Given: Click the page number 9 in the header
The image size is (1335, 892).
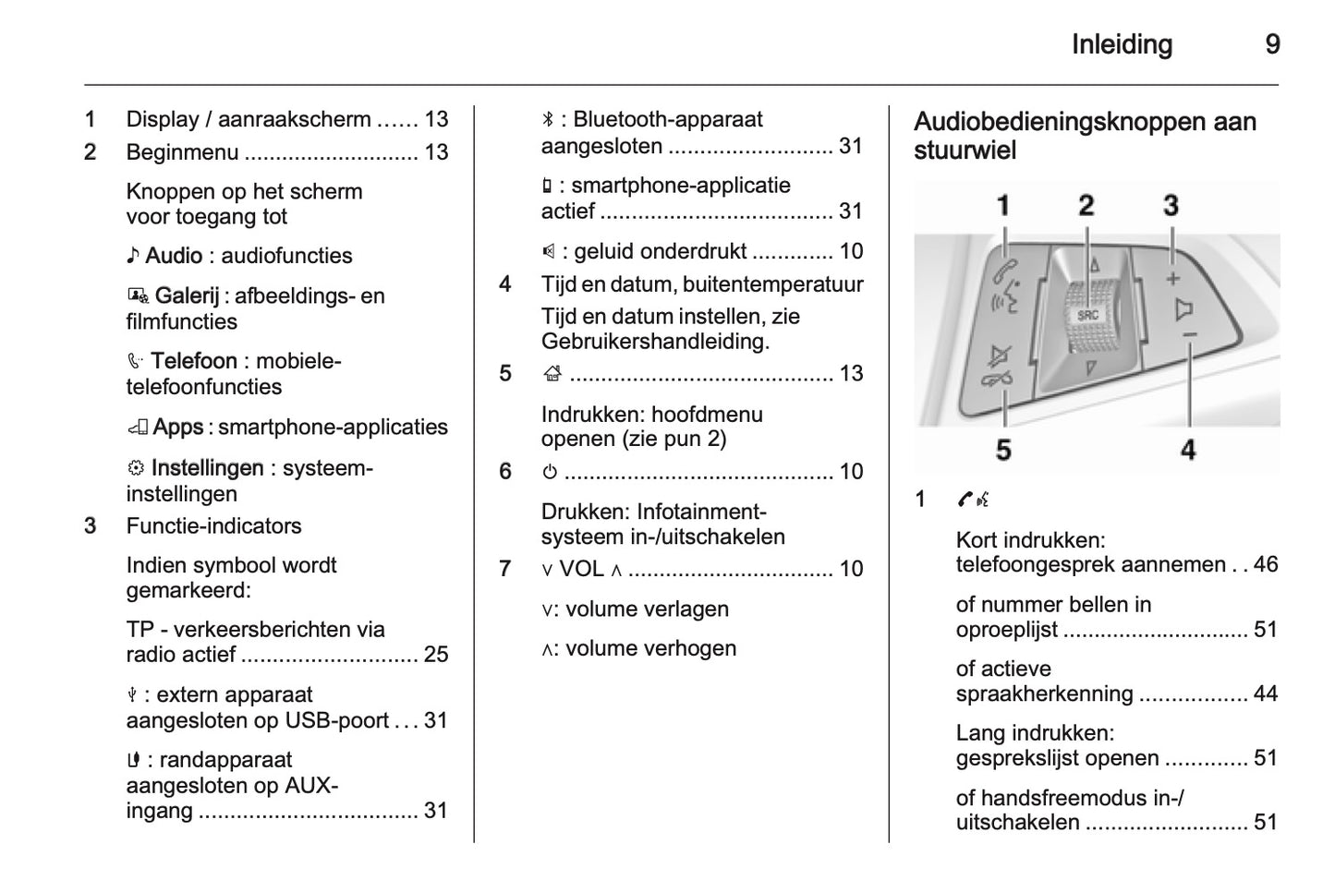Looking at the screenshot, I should click(1272, 44).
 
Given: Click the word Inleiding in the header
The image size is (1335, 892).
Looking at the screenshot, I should click(1122, 44).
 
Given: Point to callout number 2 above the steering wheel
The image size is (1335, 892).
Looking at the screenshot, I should click(1086, 205).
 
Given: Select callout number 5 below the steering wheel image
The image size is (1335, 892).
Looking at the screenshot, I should click(1003, 450).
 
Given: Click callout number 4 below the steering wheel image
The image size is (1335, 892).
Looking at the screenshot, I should click(1188, 450).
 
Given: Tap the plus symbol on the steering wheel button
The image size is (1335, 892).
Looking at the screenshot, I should click(1173, 278).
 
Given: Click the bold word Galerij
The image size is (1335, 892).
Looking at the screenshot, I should click(187, 295).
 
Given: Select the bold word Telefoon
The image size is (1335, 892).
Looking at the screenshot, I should click(194, 361).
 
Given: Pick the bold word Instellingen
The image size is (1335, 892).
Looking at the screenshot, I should click(207, 468).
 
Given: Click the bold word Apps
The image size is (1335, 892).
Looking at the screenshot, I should click(177, 427).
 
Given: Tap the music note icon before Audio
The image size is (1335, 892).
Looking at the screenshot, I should click(133, 256).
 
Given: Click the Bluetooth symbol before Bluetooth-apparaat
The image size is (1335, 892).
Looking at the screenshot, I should click(548, 120).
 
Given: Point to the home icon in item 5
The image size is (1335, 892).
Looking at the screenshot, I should click(552, 374).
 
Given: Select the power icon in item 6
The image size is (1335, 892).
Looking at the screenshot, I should click(550, 472).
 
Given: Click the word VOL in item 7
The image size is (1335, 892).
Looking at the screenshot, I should click(581, 569).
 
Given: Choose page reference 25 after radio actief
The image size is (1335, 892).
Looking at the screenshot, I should click(435, 655).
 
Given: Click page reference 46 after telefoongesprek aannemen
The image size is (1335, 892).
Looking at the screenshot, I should click(1265, 564).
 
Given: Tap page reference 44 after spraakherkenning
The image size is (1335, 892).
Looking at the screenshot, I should click(1265, 693).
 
